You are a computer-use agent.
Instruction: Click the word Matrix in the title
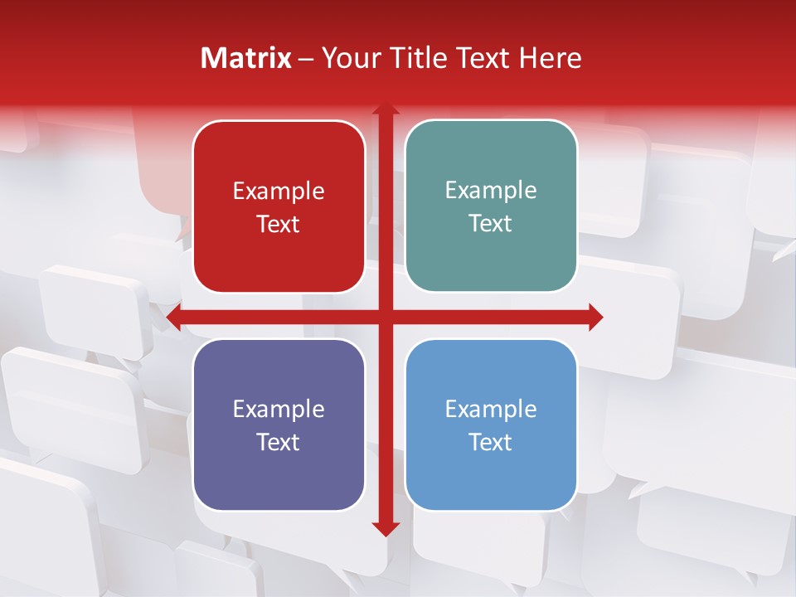246,58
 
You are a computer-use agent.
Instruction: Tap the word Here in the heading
550,58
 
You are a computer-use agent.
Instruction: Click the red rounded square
279,207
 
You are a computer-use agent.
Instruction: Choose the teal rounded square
491,206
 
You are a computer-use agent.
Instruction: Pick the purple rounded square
279,425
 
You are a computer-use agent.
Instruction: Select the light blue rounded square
491,425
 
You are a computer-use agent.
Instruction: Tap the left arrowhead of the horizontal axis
174,317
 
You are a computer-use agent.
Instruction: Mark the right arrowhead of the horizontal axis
595,317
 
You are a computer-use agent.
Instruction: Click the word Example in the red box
279,192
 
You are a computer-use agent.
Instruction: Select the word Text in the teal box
491,224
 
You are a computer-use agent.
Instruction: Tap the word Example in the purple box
279,410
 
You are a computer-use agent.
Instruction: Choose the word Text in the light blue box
491,442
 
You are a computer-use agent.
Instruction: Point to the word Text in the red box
279,225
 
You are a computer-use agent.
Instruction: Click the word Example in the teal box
491,191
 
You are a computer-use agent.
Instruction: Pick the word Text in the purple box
279,442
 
